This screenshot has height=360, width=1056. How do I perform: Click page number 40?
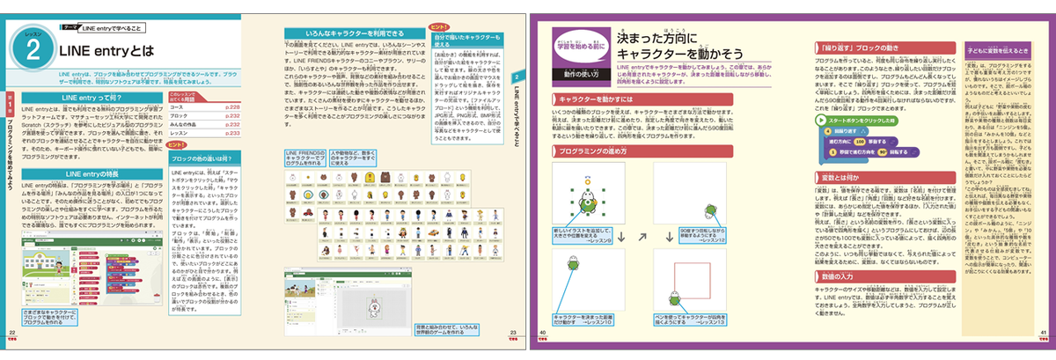point(543,332)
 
